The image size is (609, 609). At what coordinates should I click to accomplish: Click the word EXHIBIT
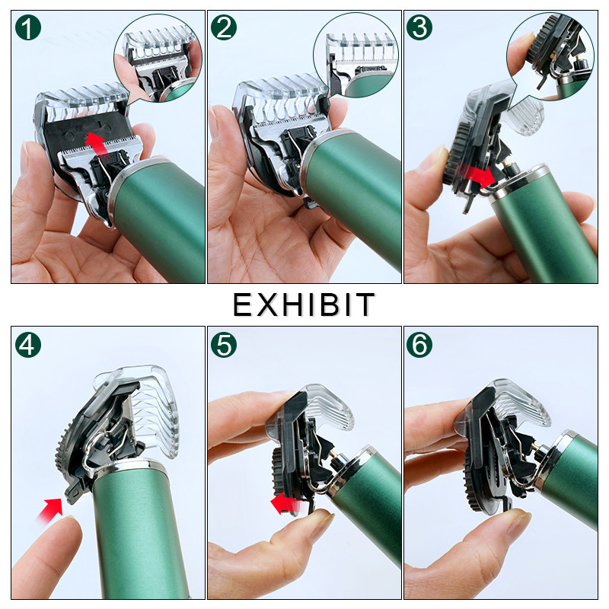click(x=304, y=304)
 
